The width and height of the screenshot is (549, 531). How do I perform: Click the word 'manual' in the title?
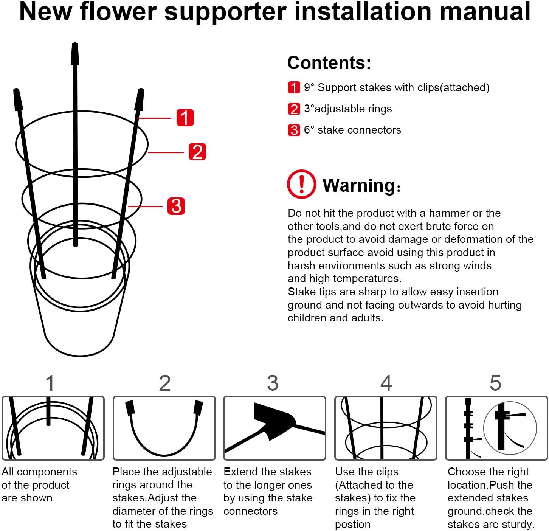[485, 11]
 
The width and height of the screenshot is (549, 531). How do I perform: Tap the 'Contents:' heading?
[329, 63]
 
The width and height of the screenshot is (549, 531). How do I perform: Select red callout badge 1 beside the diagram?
[185, 117]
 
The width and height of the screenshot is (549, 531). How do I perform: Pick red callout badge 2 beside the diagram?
[197, 152]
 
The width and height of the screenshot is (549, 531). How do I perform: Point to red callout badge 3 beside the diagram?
[176, 206]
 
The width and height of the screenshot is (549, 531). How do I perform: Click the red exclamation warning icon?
[301, 184]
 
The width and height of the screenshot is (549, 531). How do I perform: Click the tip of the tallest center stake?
[75, 44]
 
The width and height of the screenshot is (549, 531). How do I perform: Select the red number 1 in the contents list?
[294, 87]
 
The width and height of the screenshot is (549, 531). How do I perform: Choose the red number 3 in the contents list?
[294, 130]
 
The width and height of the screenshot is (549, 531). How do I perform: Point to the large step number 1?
[50, 383]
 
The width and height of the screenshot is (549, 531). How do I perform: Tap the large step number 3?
[273, 383]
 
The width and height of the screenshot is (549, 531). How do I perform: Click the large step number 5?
[495, 383]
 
